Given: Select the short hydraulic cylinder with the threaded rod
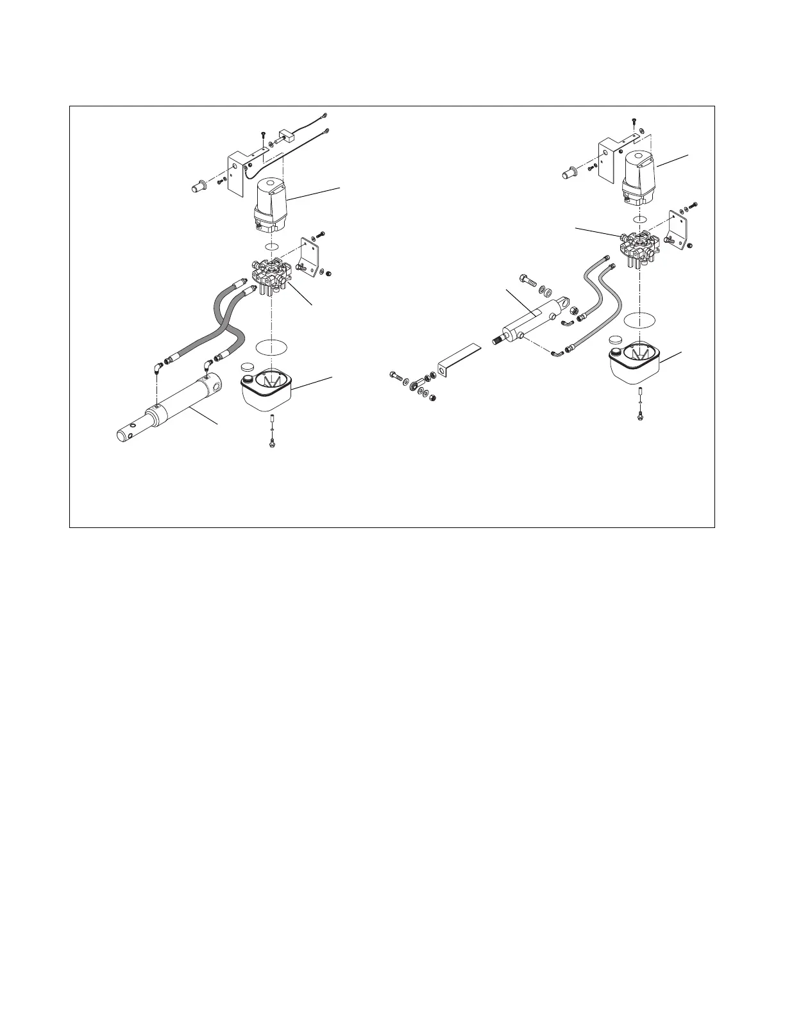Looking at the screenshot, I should pyautogui.click(x=531, y=322).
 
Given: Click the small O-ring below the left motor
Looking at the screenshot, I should pyautogui.click(x=271, y=247).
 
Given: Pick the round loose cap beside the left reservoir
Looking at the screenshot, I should pyautogui.click(x=247, y=367).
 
